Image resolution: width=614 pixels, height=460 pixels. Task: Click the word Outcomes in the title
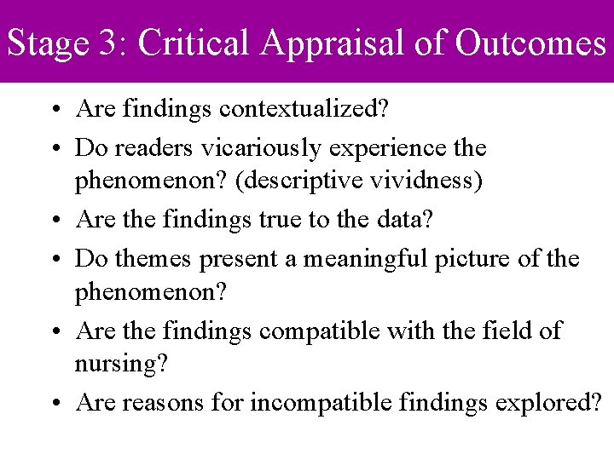[530, 43]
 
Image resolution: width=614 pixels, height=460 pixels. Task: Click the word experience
[391, 149]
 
